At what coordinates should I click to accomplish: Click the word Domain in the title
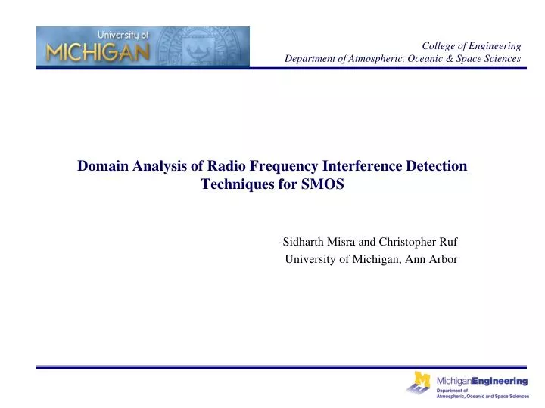tap(101, 167)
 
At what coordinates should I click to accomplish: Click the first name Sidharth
tap(305, 243)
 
